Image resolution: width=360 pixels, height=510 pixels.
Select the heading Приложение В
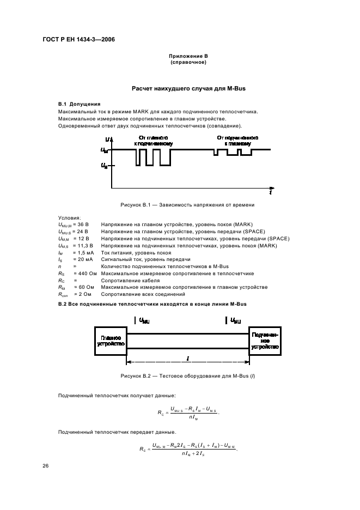[x=179, y=57]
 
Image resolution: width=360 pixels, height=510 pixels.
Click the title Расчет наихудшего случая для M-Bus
[x=179, y=88]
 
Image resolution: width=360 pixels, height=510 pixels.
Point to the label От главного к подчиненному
[x=153, y=141]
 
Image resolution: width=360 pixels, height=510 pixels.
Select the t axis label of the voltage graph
[x=271, y=193]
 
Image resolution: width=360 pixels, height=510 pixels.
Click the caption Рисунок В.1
[x=179, y=205]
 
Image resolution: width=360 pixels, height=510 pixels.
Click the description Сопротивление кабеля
[x=129, y=280]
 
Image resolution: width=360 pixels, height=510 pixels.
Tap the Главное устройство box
[x=111, y=341]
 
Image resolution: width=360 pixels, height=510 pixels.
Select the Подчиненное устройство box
[x=265, y=341]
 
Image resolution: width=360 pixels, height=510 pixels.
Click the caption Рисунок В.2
[x=179, y=377]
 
